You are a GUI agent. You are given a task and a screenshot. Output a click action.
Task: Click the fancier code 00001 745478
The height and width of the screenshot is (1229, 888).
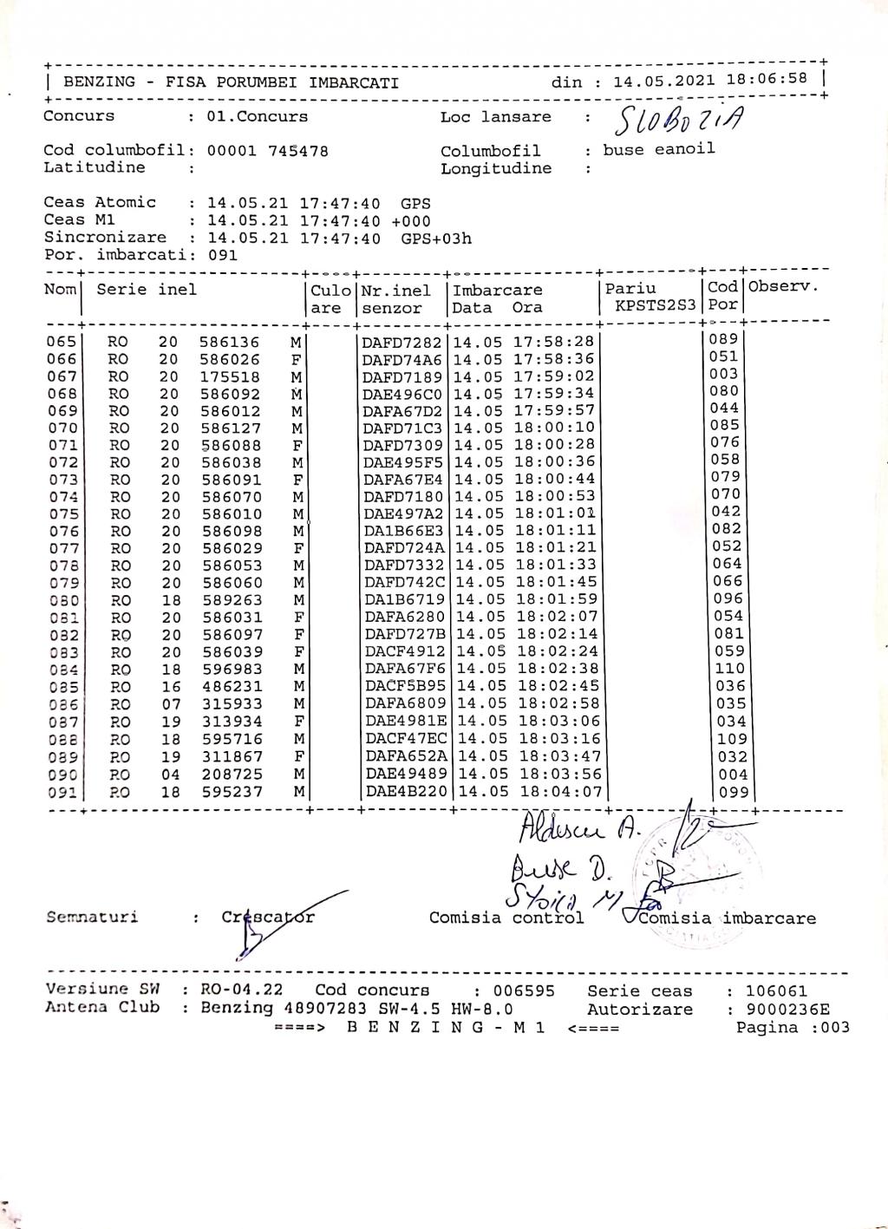[267, 151]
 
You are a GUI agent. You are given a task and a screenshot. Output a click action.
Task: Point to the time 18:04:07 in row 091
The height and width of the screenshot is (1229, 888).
[561, 792]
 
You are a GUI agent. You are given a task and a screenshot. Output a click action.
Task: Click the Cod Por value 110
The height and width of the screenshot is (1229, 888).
[729, 669]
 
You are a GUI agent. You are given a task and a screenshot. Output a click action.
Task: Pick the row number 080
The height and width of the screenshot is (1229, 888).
[62, 600]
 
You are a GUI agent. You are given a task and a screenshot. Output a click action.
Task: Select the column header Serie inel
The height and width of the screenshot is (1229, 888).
[147, 290]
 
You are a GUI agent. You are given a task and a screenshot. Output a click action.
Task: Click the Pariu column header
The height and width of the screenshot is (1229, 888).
[630, 289]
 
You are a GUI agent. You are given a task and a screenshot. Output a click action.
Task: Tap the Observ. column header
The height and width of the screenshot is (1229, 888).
[783, 286]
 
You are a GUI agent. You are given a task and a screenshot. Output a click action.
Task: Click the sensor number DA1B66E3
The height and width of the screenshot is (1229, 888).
[403, 531]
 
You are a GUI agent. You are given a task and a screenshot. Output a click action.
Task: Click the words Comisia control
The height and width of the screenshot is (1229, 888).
[506, 918]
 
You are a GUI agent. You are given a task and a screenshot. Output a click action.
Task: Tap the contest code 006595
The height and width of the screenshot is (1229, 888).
[524, 990]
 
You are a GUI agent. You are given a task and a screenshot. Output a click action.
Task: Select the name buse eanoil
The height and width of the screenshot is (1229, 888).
[659, 149]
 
